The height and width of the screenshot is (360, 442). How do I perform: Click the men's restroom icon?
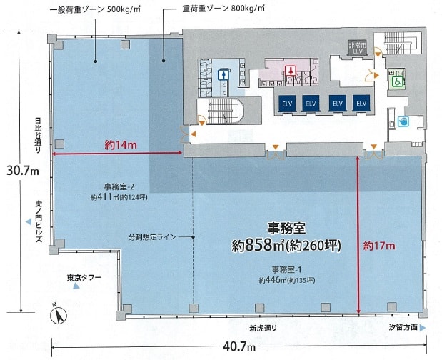click(x=223, y=75)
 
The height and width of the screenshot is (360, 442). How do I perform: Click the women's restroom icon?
click(x=290, y=71)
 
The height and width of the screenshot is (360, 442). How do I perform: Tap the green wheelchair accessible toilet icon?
click(x=397, y=82)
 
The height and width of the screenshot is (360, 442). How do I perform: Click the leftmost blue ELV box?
click(x=287, y=103)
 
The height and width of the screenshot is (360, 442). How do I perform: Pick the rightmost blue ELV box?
click(x=361, y=103)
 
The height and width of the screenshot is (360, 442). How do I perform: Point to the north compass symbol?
click(x=59, y=314)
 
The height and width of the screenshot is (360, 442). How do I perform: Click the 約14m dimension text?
click(x=121, y=145)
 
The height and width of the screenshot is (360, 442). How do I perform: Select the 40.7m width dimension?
click(x=239, y=346)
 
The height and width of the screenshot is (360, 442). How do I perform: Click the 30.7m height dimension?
click(x=23, y=171)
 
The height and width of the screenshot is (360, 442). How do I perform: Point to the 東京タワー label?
click(x=84, y=278)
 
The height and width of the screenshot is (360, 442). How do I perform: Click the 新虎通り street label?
click(x=263, y=328)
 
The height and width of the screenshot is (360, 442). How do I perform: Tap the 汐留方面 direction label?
click(x=403, y=327)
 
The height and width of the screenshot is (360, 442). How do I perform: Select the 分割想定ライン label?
click(x=153, y=237)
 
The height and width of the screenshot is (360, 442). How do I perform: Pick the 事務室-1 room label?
click(x=286, y=270)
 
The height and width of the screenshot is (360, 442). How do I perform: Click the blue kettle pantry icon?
click(x=403, y=121)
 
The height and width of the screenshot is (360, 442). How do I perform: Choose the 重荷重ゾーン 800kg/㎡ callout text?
click(x=223, y=9)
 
